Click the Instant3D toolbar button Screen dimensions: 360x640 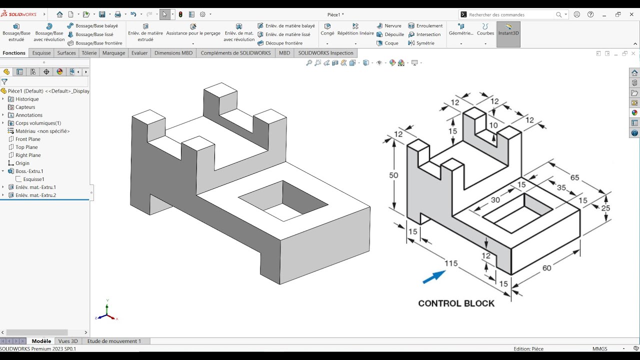pos(508,29)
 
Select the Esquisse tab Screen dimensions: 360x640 pos(41,53)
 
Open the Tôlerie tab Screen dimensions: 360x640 pos(89,53)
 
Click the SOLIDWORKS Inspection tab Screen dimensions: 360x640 pos(325,53)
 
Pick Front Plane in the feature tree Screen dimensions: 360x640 pos(27,139)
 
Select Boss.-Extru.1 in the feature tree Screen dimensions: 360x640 pos(29,171)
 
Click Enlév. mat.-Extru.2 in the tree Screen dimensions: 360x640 pos(35,195)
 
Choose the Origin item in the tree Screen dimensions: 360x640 pos(22,163)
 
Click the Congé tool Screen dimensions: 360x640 pos(327,29)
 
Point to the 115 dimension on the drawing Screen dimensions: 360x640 pos(451,263)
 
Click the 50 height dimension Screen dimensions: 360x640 pos(394,175)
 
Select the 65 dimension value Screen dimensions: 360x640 pos(574,178)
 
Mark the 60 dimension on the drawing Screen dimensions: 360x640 pos(546,268)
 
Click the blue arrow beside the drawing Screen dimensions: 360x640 pos(433,277)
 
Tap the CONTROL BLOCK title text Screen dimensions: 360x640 pos(456,303)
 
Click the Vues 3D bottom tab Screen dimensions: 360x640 pos(68,341)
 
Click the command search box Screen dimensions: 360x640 pos(510,15)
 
